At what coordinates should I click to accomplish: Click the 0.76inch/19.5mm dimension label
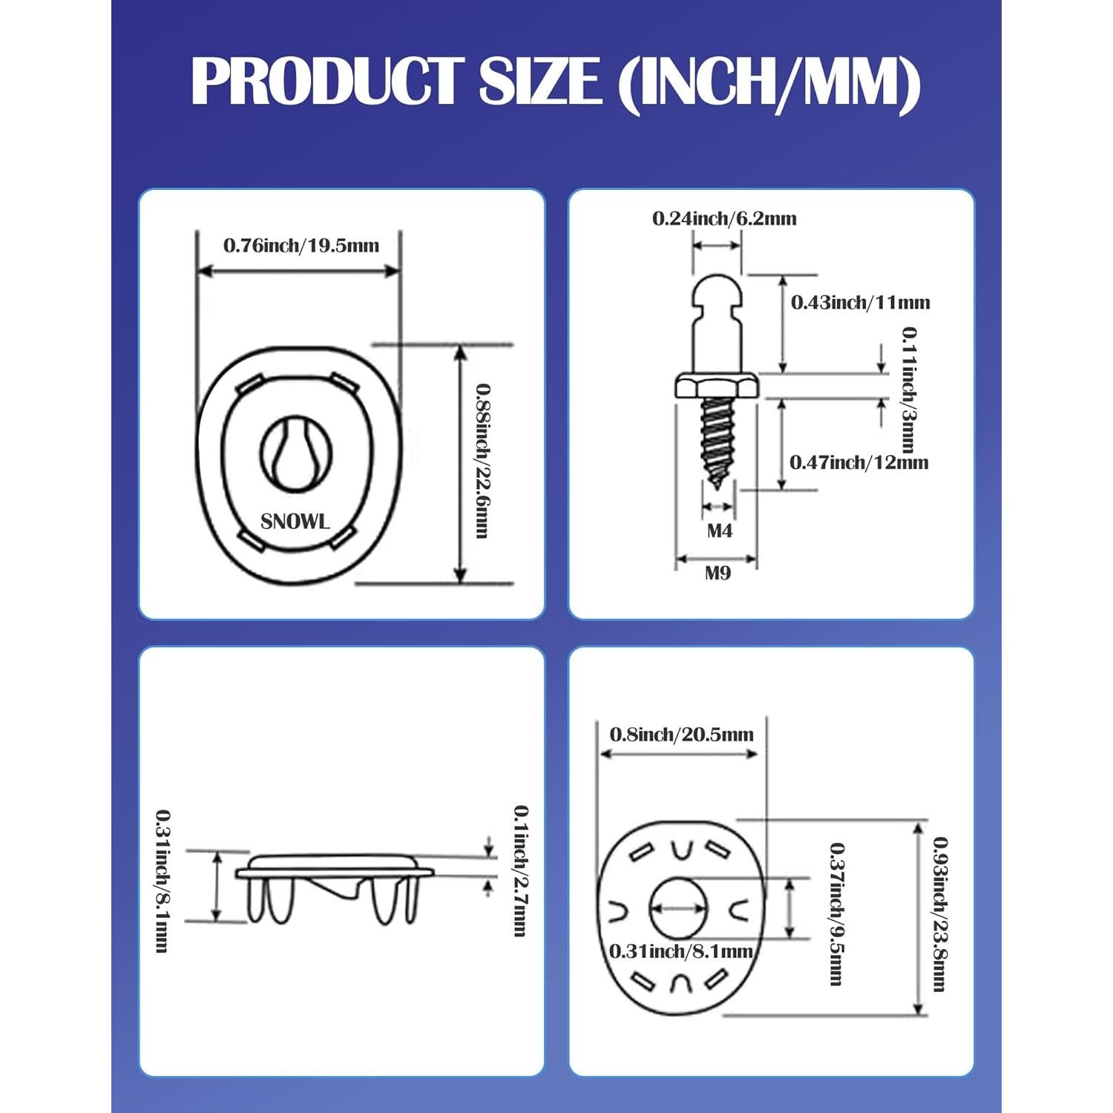tap(301, 246)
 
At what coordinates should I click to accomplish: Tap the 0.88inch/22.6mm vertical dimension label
tap(482, 460)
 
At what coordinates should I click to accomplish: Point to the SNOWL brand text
tap(295, 522)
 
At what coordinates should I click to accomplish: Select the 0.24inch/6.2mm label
tap(724, 219)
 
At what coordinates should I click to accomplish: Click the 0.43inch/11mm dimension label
tap(860, 303)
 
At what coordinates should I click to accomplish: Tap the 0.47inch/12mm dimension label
tap(858, 463)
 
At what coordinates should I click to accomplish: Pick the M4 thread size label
tap(719, 531)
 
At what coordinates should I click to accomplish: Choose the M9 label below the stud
tap(718, 573)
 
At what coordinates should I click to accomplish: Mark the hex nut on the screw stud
tap(716, 387)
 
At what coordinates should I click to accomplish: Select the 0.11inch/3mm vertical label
tap(908, 390)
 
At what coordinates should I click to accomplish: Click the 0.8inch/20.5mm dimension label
tap(681, 735)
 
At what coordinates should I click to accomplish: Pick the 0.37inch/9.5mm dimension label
tap(836, 914)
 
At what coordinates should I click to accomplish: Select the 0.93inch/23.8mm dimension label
tap(940, 914)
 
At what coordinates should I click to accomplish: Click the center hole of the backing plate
tap(679, 907)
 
